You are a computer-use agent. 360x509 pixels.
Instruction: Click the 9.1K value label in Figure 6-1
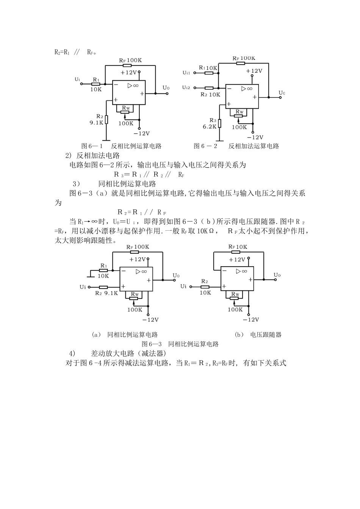point(96,123)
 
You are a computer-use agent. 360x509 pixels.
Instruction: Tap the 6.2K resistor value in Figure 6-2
point(210,127)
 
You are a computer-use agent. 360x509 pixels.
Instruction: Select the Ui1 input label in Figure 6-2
point(186,72)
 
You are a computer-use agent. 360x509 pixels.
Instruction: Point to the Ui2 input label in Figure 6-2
point(186,87)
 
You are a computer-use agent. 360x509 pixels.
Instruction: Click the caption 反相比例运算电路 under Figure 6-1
point(136,146)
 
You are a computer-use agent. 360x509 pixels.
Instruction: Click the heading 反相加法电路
point(98,156)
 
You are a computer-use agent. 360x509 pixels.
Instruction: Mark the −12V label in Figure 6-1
point(141,133)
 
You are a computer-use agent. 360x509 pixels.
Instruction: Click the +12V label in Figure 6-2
point(254,71)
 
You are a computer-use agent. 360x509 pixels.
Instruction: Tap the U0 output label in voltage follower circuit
point(277,275)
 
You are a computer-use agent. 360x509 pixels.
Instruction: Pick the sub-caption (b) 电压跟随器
point(258,335)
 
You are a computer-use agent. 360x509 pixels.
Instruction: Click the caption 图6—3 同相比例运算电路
point(180,344)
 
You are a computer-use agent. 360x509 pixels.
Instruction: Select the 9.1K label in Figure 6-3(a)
point(111,293)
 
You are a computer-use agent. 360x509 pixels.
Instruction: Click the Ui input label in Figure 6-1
point(77,79)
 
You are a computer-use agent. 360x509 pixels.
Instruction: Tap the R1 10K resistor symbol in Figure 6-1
point(96,84)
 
